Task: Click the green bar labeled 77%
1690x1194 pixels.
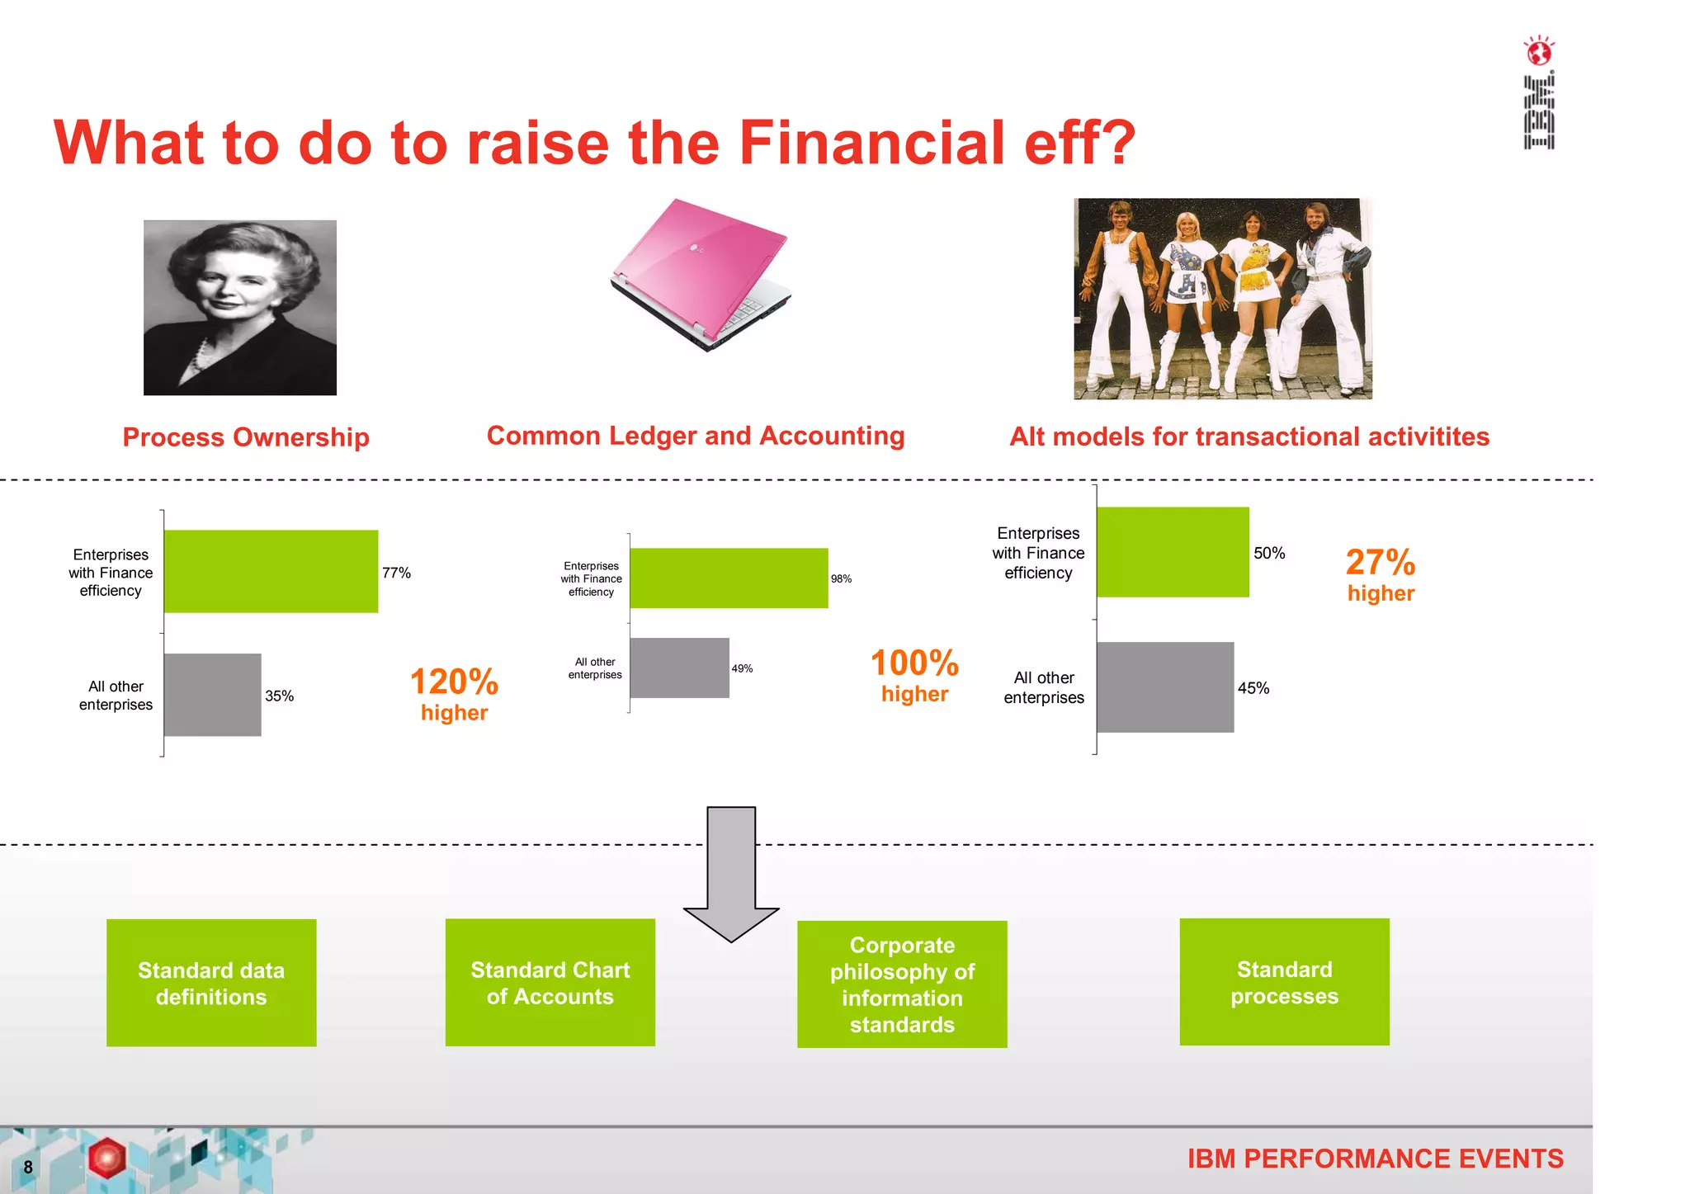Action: pos(271,571)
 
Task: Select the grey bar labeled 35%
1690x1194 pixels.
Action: pos(213,695)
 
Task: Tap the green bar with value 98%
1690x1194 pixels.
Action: pos(729,578)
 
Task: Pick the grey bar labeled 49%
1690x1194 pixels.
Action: pos(679,668)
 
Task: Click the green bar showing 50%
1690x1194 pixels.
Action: pos(1173,552)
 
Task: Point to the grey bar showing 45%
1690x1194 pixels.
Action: pos(1165,687)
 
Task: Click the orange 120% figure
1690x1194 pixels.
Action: pos(454,682)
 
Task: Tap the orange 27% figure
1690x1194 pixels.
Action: pos(1381,563)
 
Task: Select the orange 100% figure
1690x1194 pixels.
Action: pos(914,663)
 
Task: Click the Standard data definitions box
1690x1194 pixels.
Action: pos(211,983)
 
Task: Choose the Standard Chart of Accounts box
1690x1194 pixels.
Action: pos(550,983)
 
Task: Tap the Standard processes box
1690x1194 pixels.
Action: pos(1284,982)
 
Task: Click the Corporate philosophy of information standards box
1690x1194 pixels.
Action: pos(902,984)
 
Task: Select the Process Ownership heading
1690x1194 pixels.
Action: pos(246,437)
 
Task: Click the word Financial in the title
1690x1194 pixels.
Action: pos(871,143)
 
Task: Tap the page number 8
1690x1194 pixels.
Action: pos(28,1167)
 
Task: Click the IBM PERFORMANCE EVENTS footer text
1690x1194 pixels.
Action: pos(1375,1159)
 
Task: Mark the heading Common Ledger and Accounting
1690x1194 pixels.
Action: pos(696,436)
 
